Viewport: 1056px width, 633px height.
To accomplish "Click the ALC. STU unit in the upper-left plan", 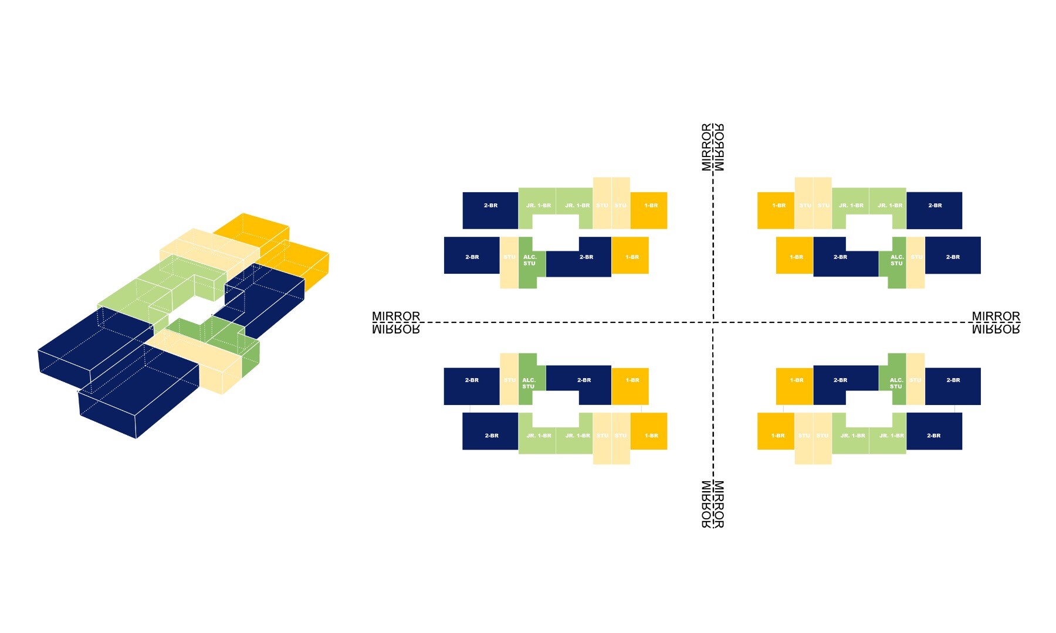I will tap(529, 260).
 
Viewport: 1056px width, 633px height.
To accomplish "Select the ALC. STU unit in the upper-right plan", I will tap(896, 261).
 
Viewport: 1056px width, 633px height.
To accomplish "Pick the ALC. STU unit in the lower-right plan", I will tap(896, 383).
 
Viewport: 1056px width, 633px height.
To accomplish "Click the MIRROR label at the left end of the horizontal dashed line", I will tap(396, 322).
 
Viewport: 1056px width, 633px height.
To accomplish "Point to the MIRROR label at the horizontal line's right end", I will tap(996, 322).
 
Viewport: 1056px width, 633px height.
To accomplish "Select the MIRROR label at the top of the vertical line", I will tap(713, 147).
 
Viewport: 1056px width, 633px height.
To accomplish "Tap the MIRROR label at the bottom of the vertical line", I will tap(713, 504).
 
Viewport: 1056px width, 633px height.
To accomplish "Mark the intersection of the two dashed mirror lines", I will tap(713, 322).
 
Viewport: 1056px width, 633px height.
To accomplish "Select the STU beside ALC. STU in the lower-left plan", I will tap(509, 380).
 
